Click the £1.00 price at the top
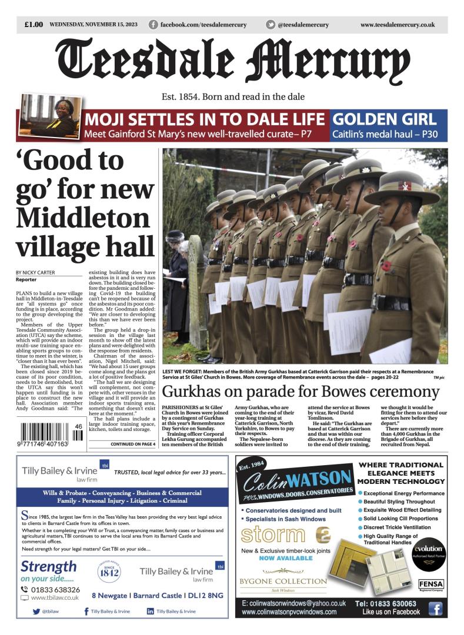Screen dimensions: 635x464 [x=34, y=25]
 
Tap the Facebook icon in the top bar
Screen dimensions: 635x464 [x=153, y=25]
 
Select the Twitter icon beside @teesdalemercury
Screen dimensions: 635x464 [x=271, y=25]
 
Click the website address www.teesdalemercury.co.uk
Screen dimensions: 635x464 [x=397, y=25]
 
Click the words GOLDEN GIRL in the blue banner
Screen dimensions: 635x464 [x=384, y=118]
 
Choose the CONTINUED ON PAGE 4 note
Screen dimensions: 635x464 [x=132, y=444]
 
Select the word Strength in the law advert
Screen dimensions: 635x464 [x=48, y=567]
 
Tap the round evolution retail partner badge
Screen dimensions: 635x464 [x=428, y=553]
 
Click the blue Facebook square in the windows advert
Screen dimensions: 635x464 [x=435, y=609]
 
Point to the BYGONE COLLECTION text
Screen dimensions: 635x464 [x=283, y=581]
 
